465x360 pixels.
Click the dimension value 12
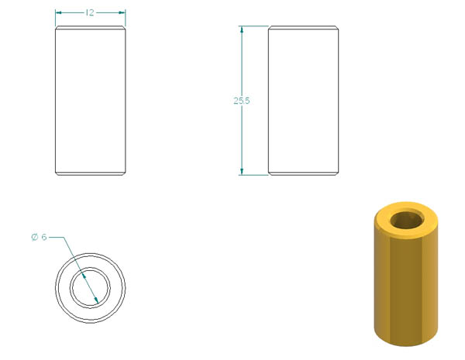(x=90, y=12)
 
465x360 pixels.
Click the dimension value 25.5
(x=242, y=101)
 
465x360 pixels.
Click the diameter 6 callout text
(x=40, y=237)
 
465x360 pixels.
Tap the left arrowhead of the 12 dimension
(x=58, y=12)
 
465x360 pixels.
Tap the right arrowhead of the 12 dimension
(x=122, y=12)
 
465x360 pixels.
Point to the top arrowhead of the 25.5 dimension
(x=242, y=29)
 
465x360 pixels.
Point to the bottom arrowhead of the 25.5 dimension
(x=242, y=172)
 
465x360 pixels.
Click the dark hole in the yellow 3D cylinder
(x=407, y=220)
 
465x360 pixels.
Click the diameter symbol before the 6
(x=35, y=237)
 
